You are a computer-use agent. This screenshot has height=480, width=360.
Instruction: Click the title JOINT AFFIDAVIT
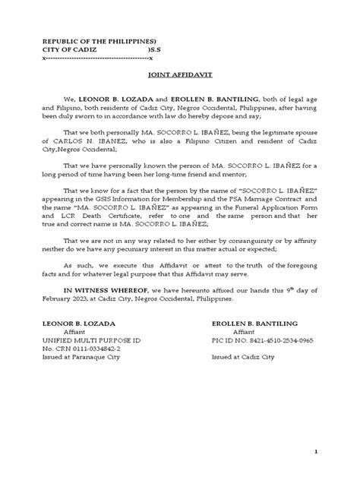tap(179, 76)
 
